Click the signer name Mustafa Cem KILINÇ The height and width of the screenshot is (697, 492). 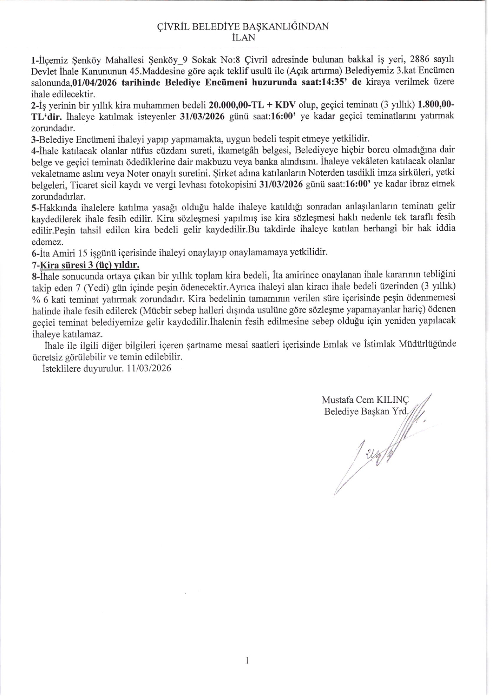(x=365, y=400)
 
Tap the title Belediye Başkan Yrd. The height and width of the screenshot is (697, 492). (x=366, y=411)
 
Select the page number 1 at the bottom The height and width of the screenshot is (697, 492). (x=247, y=661)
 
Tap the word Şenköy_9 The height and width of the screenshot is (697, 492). (x=167, y=60)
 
